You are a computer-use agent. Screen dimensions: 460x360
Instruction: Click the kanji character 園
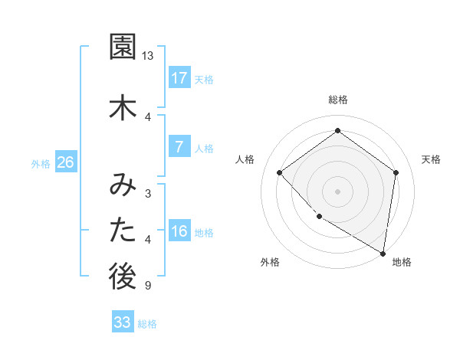(123, 47)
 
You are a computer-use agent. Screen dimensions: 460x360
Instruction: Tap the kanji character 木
(123, 108)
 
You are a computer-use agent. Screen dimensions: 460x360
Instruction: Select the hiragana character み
(123, 185)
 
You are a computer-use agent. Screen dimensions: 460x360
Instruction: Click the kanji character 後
(123, 278)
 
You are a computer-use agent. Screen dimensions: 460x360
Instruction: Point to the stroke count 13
(148, 56)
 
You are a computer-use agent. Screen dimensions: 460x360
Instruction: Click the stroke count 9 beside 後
(147, 286)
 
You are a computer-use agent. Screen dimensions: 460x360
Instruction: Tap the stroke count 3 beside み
(147, 193)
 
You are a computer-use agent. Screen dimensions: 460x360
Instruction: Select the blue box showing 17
(179, 78)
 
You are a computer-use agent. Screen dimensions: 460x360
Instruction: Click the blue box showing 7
(179, 147)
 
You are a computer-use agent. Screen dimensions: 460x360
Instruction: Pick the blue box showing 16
(179, 231)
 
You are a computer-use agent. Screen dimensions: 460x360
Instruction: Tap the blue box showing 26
(65, 162)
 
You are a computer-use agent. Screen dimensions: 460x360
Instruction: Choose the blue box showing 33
(122, 322)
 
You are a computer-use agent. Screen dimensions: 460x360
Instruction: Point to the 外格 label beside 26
(41, 163)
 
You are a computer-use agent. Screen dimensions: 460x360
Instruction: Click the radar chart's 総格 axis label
(338, 100)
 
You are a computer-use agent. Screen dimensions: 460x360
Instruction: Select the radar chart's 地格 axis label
(402, 262)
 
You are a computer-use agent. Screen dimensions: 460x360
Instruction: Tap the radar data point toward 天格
(396, 172)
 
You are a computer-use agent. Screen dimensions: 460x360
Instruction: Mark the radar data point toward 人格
(280, 172)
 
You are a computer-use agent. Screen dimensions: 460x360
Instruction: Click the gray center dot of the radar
(337, 191)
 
